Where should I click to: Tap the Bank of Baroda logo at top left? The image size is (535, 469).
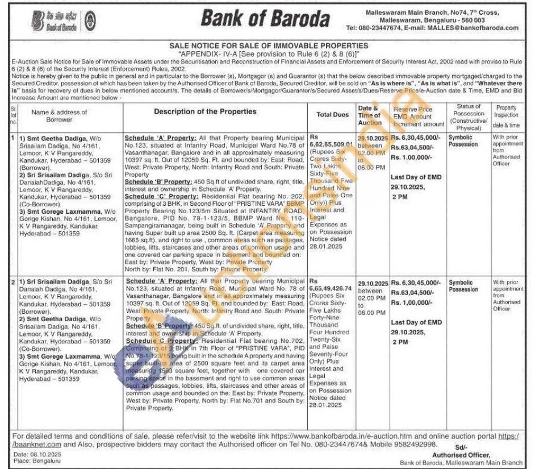(55, 20)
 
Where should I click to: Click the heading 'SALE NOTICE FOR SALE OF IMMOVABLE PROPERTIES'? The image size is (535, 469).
(269, 45)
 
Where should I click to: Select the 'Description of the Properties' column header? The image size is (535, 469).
(205, 111)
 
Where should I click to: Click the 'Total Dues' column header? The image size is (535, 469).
(332, 114)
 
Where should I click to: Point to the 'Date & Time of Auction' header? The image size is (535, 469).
(369, 115)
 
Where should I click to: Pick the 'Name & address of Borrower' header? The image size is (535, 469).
(60, 116)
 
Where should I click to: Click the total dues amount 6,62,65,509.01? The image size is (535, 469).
(332, 144)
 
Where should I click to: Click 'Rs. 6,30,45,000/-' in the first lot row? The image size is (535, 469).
(415, 138)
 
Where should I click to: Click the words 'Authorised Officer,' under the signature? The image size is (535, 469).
(461, 455)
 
